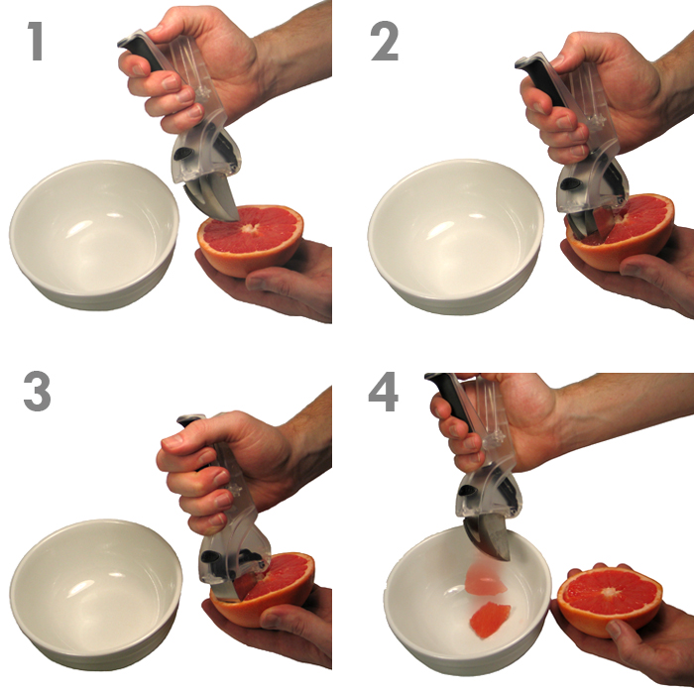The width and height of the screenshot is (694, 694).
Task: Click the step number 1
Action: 36,41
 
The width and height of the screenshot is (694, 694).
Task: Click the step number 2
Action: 385,41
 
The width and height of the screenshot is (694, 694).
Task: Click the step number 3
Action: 37,392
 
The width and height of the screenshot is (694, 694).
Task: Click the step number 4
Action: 384,392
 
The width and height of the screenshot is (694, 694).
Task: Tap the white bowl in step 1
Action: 94,235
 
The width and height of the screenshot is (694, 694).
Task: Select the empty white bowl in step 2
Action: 456,236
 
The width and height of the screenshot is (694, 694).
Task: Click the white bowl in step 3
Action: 95,593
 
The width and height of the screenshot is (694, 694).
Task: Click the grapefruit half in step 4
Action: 610,601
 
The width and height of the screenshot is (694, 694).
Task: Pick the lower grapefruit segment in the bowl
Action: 489,620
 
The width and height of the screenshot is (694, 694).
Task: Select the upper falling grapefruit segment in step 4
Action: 484,582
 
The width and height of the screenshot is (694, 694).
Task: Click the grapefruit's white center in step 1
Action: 251,227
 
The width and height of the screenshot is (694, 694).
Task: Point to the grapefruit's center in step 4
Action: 610,591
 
